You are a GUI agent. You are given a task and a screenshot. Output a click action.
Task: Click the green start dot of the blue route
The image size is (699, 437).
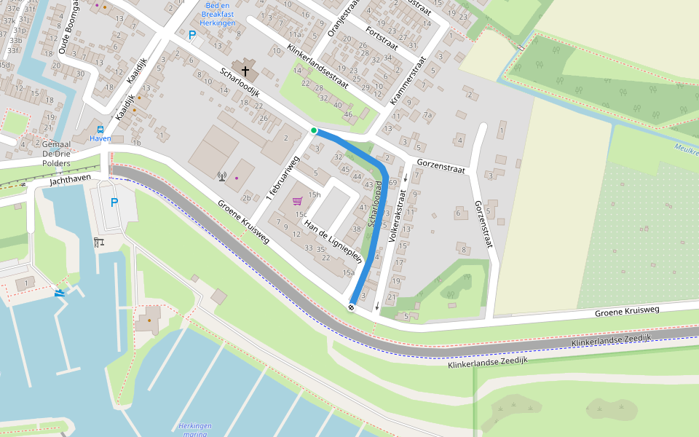(x=314, y=130)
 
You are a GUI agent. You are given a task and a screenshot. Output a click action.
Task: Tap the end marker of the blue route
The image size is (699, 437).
(x=352, y=307)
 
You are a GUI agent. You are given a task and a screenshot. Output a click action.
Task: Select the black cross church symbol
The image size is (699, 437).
(x=245, y=71)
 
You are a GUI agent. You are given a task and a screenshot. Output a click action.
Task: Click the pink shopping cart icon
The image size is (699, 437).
(x=297, y=201)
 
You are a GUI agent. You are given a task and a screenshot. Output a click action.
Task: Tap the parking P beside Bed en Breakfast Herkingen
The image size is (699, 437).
(x=192, y=35)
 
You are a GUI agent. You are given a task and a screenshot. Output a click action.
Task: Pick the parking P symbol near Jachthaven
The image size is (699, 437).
(x=114, y=202)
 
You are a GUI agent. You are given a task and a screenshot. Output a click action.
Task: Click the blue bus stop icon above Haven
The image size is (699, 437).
(x=100, y=129)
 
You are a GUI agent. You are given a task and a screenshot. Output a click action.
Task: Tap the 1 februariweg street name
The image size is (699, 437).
(x=283, y=178)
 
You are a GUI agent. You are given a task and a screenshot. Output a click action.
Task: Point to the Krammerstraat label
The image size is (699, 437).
(x=408, y=81)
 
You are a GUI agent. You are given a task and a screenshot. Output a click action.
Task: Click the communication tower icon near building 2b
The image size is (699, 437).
(x=222, y=176)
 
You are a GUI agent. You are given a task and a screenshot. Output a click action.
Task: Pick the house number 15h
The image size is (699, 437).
(x=315, y=194)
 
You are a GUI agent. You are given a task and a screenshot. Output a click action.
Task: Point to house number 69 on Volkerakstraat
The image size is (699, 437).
(x=392, y=181)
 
